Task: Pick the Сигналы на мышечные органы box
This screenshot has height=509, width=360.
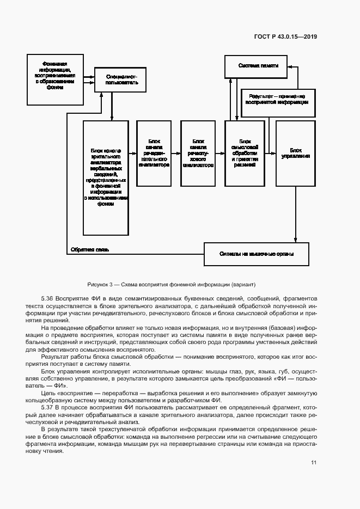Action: pyautogui.click(x=257, y=253)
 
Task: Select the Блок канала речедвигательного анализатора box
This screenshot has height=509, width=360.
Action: pyautogui.click(x=154, y=154)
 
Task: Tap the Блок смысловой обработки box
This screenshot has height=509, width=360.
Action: pyautogui.click(x=245, y=154)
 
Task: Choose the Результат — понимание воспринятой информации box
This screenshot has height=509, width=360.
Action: pyautogui.click(x=278, y=99)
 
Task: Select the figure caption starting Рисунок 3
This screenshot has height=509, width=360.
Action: pyautogui.click(x=170, y=285)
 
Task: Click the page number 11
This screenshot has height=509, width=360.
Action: pyautogui.click(x=314, y=463)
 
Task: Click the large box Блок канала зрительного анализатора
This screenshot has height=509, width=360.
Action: pyautogui.click(x=106, y=178)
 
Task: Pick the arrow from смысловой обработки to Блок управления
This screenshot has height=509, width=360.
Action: pyautogui.click(x=270, y=154)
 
